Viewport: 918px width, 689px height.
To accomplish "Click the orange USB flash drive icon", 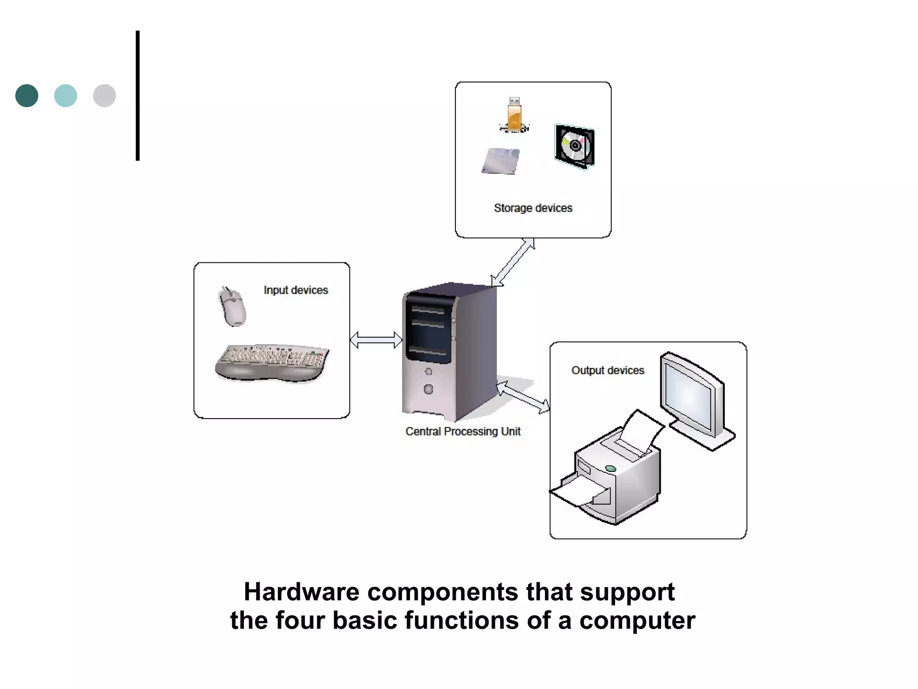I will (x=514, y=114).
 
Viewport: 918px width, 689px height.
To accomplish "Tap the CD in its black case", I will (x=575, y=146).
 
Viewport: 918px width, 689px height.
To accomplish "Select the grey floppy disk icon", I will (x=501, y=161).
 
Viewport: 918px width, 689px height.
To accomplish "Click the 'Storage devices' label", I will (x=533, y=208).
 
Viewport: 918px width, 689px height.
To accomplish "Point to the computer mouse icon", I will (x=233, y=307).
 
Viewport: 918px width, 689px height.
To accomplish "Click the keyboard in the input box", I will (x=272, y=362).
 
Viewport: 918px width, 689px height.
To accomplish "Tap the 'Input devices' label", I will (x=296, y=290).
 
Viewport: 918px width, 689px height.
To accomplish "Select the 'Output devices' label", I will (x=607, y=371).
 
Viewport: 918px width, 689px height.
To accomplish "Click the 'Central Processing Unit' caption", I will (x=463, y=432).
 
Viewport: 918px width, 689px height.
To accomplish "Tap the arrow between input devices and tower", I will (x=376, y=340).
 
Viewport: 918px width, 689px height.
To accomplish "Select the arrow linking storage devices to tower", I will (x=513, y=262).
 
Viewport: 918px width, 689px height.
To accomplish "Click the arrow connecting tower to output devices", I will (x=523, y=397).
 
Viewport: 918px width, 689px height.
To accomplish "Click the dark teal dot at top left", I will (x=27, y=96).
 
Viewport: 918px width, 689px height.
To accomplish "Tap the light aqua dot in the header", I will (x=65, y=96).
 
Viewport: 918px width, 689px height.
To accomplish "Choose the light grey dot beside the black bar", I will (x=104, y=96).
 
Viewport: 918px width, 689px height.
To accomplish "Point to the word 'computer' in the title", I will (x=637, y=620).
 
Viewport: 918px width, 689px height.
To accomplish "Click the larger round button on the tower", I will (x=429, y=389).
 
